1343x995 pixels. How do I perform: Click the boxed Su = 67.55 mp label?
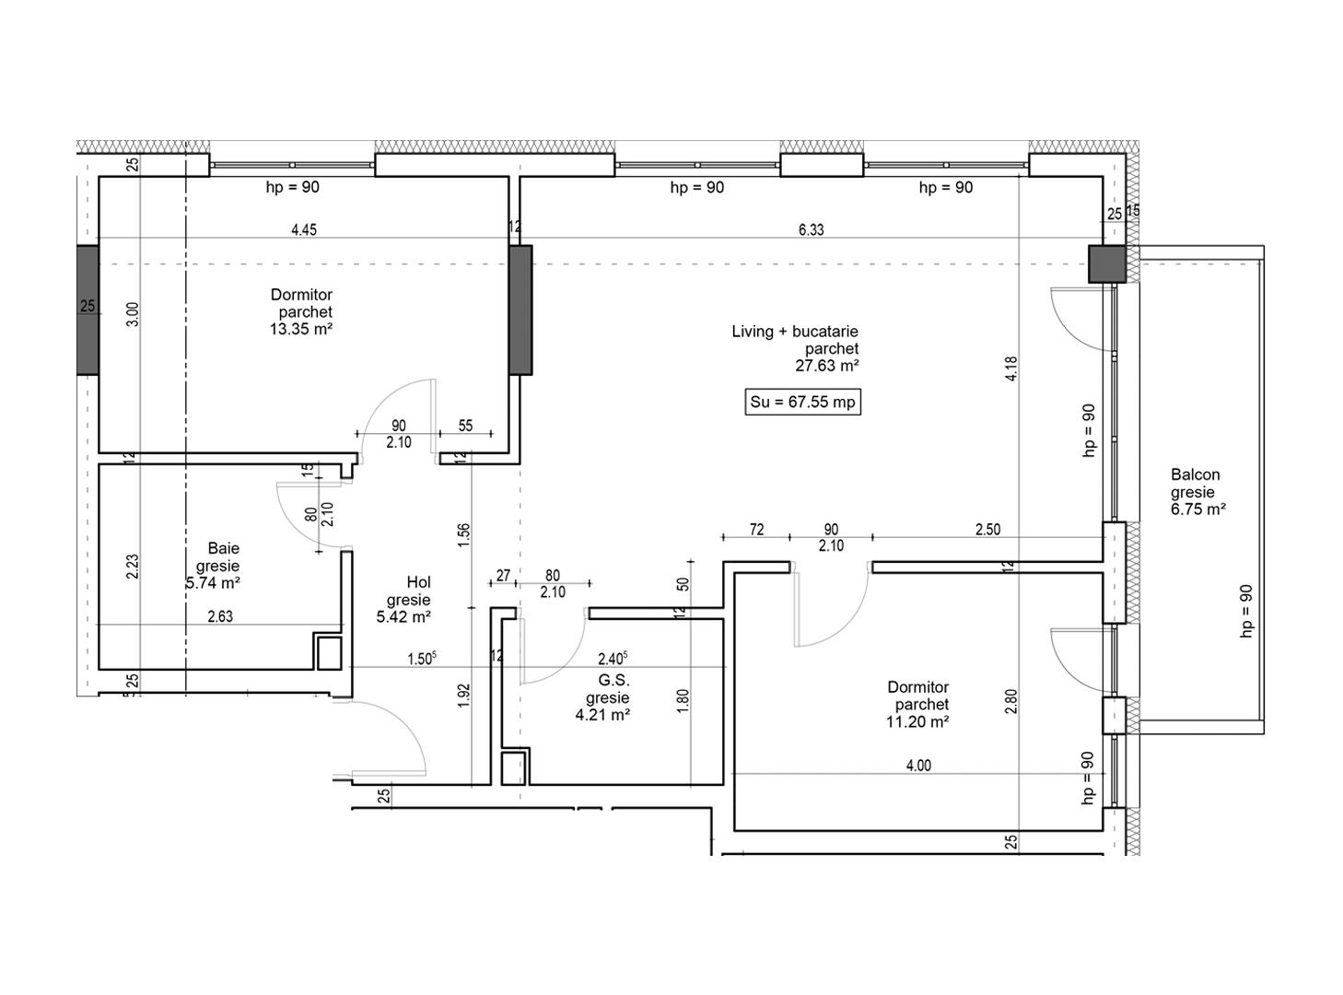802,403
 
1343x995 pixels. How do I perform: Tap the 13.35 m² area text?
300,330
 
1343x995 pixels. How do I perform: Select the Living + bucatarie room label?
795,332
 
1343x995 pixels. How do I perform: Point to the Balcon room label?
1195,475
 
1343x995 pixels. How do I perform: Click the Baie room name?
223,548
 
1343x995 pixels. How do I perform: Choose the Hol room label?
418,582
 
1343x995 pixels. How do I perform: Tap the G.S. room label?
613,681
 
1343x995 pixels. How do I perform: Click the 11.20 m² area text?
917,722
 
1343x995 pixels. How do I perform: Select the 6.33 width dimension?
811,230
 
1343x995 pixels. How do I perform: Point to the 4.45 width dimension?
304,230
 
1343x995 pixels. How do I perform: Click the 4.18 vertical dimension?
1011,369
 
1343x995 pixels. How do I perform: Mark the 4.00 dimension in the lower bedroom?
918,766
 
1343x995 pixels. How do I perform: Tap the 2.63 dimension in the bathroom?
220,617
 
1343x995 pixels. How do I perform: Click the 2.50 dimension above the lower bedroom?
987,530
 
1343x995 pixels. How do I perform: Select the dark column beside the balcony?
1108,263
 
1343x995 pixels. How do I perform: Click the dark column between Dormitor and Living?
520,310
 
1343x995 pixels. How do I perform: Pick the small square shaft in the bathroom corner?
329,652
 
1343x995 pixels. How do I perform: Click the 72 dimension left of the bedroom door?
756,530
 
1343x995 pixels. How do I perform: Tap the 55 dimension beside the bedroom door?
465,426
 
